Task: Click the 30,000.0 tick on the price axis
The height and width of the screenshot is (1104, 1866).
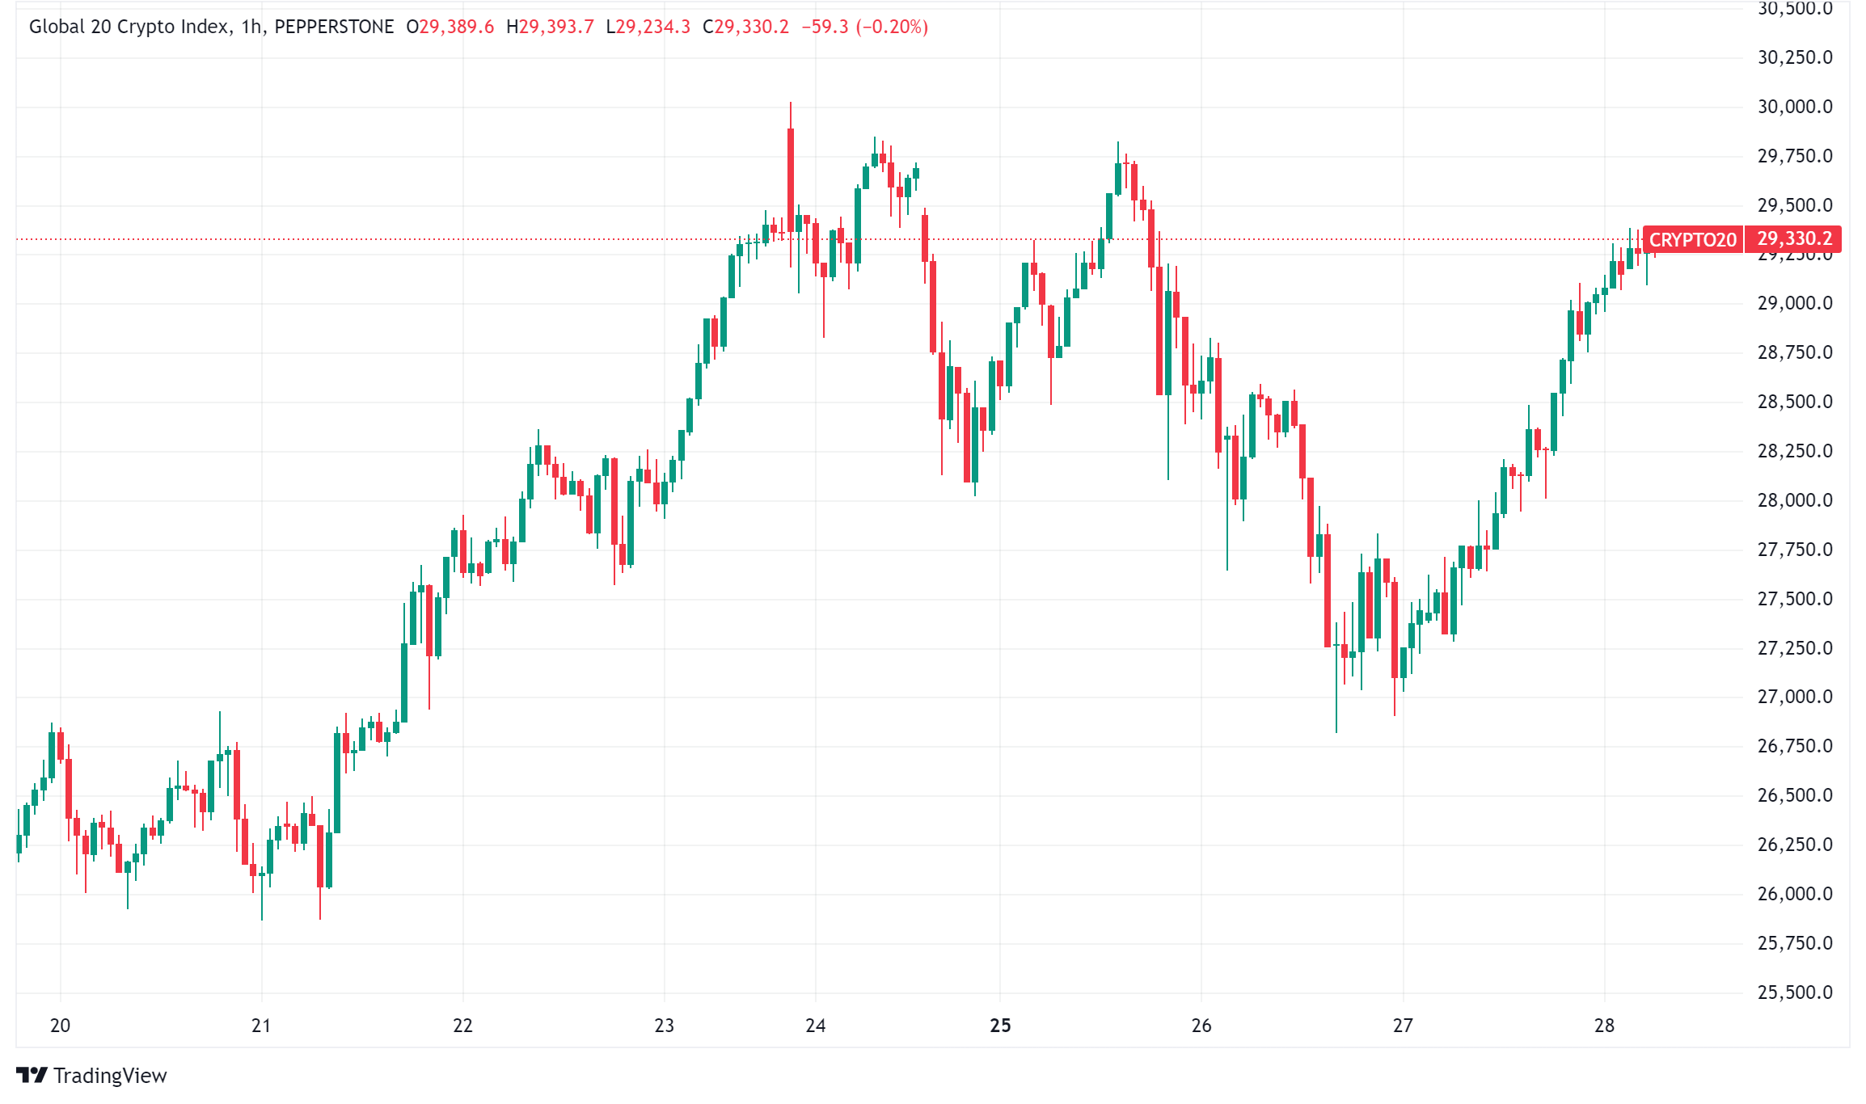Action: coord(1795,107)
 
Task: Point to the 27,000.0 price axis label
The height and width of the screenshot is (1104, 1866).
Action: coord(1795,697)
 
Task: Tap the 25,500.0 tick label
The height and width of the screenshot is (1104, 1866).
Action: coord(1795,992)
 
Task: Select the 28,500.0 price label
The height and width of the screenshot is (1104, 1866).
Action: coord(1795,402)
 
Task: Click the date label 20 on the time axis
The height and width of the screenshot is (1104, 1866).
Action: coord(60,1026)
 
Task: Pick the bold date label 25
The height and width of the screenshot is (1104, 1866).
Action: coord(1000,1026)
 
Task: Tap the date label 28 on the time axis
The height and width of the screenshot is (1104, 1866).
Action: coord(1604,1026)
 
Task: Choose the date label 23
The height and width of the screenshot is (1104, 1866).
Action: coord(664,1026)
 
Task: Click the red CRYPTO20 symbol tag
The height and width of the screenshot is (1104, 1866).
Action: coord(1692,240)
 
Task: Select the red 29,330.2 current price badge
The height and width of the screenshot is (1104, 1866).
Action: coord(1794,239)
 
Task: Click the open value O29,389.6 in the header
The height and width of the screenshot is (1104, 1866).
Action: coord(450,27)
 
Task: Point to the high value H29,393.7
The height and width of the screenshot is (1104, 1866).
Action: coord(550,27)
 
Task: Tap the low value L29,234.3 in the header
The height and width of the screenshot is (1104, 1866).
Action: coord(648,27)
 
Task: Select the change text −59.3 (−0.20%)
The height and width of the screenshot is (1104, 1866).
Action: coord(864,27)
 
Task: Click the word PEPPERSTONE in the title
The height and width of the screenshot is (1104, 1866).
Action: coord(334,27)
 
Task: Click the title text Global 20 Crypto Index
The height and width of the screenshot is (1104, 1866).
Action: coord(129,27)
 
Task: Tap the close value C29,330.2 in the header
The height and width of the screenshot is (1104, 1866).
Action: coord(745,27)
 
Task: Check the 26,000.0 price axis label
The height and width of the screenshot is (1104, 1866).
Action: coord(1795,894)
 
